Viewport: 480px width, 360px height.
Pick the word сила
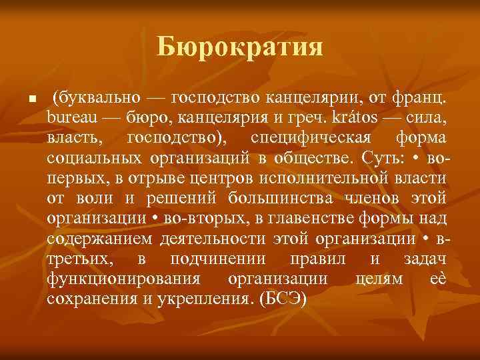[427, 119]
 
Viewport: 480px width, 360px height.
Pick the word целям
[377, 279]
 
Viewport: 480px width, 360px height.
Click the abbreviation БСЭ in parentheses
[283, 299]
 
